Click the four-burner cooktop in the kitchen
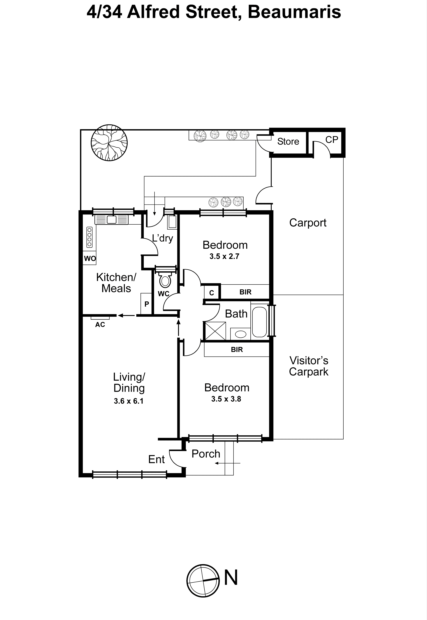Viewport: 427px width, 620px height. [x=89, y=237]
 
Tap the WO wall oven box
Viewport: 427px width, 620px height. [x=90, y=258]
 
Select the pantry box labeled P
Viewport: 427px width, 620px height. [x=146, y=304]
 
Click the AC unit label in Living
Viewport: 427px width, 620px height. [x=100, y=324]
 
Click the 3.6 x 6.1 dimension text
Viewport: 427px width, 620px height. [x=129, y=401]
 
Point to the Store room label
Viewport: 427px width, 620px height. [x=288, y=141]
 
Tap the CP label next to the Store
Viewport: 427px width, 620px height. [x=331, y=139]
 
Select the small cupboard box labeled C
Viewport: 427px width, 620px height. [x=212, y=293]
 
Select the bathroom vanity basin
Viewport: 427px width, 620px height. [x=240, y=334]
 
